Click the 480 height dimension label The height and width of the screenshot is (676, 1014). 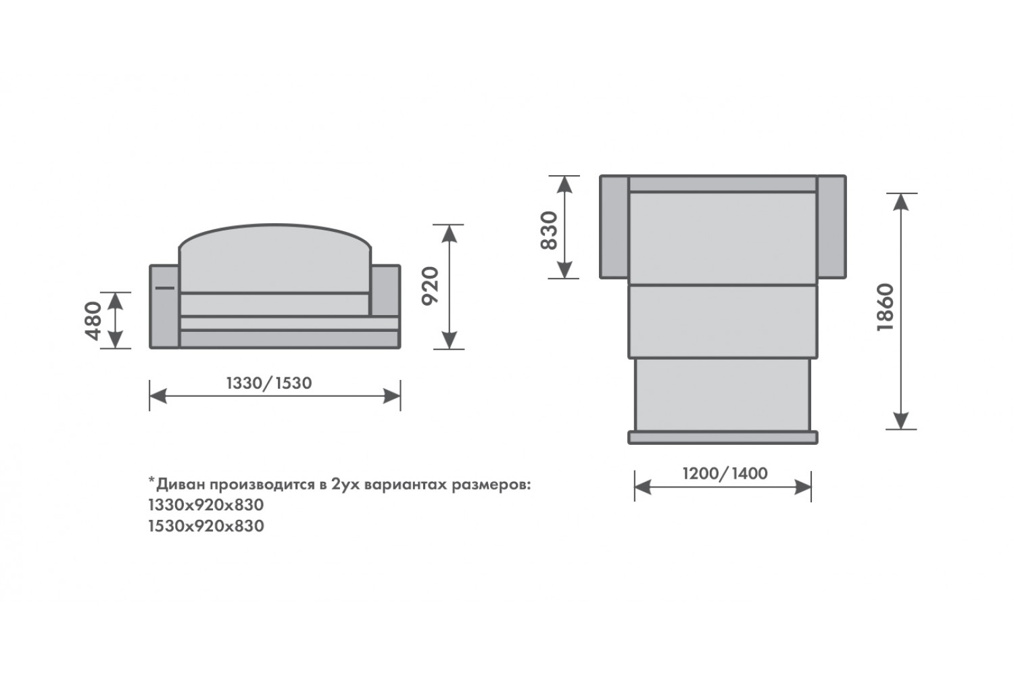coord(93,320)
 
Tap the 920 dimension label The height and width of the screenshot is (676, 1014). coord(430,286)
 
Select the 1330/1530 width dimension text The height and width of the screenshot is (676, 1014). coord(269,383)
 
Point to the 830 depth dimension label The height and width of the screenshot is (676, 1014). coord(549,231)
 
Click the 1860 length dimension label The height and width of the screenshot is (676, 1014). coord(886,308)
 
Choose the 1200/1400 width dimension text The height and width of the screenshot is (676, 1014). coord(725,474)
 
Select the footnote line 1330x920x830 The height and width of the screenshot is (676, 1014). coord(206,505)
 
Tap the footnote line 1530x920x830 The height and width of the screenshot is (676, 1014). coord(206,526)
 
